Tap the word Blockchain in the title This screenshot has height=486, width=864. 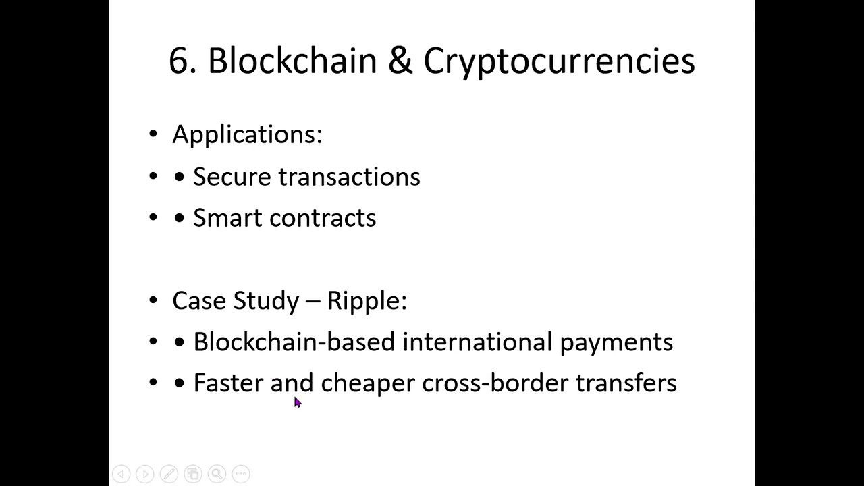[x=292, y=61]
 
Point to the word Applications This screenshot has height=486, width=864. [x=247, y=134]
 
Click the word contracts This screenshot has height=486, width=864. [x=323, y=218]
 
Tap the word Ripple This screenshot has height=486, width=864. [x=367, y=301]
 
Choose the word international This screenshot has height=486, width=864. [x=477, y=342]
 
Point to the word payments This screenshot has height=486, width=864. [x=616, y=343]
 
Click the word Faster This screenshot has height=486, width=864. [x=228, y=383]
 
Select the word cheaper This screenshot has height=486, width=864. [x=368, y=383]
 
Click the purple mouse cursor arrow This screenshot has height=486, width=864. [x=297, y=402]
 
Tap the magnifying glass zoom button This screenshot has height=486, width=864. [x=217, y=474]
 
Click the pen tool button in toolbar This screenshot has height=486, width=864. [x=169, y=474]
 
